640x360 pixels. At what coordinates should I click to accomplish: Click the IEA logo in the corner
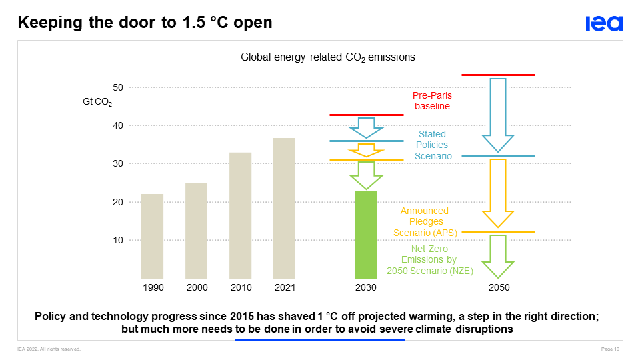(x=604, y=24)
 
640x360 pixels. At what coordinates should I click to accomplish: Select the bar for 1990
(x=152, y=236)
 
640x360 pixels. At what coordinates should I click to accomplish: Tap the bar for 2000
(x=196, y=230)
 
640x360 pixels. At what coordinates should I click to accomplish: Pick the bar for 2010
(x=240, y=215)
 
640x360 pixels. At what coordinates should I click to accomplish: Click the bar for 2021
(x=284, y=208)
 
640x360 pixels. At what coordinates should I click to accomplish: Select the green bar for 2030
(x=366, y=235)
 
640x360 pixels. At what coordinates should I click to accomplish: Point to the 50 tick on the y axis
(x=117, y=87)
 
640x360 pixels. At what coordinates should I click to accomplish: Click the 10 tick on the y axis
(x=117, y=240)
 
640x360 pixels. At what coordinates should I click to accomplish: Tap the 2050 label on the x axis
(x=499, y=287)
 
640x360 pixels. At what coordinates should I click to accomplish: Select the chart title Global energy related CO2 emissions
(x=327, y=57)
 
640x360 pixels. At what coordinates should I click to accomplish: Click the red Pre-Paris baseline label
(x=432, y=101)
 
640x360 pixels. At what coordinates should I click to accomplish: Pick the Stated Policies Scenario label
(x=432, y=145)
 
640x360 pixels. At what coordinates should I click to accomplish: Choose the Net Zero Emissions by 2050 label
(x=430, y=259)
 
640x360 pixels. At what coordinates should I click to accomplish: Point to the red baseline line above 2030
(x=366, y=115)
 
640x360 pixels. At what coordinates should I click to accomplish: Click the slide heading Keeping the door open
(x=145, y=22)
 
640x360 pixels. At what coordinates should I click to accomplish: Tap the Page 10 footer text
(x=611, y=349)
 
